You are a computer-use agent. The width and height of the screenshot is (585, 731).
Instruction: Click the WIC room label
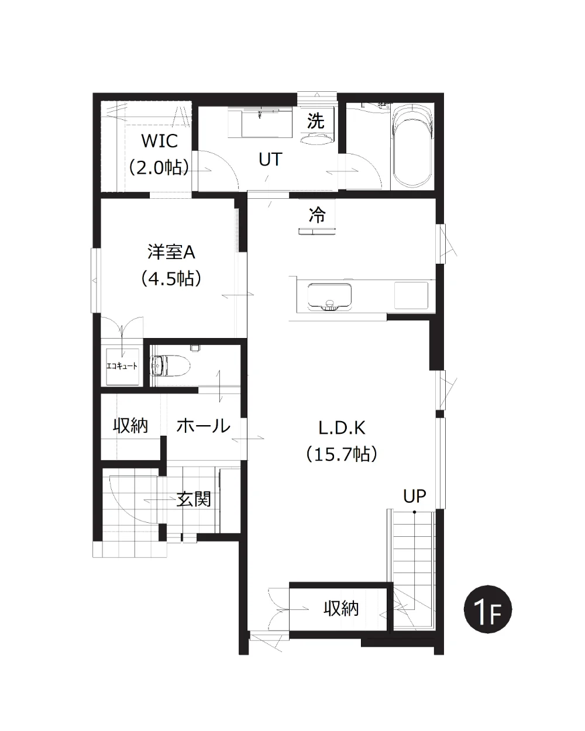(x=160, y=140)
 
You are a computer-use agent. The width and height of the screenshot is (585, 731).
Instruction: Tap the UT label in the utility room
(x=270, y=159)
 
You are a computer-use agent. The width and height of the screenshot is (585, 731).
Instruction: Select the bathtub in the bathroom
(x=412, y=146)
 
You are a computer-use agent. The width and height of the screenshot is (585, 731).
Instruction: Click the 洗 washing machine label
(x=315, y=120)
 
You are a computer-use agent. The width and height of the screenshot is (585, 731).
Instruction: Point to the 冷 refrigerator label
(x=317, y=215)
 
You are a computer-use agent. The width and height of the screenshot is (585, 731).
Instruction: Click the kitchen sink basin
(x=329, y=297)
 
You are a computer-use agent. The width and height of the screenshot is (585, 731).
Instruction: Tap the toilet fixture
(x=170, y=365)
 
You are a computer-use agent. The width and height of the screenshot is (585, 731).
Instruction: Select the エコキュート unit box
(x=122, y=367)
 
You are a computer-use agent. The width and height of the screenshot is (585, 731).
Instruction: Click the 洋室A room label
(x=171, y=252)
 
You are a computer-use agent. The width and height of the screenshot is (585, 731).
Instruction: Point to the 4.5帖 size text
(x=171, y=278)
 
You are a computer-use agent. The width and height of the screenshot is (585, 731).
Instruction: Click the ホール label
(x=203, y=426)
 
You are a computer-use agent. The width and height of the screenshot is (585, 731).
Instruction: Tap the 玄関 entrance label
(x=194, y=499)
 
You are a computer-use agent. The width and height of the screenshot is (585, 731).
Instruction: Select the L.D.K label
(x=342, y=428)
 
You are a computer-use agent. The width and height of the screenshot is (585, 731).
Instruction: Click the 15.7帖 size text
(x=342, y=454)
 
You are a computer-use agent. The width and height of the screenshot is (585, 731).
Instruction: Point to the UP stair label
(x=414, y=496)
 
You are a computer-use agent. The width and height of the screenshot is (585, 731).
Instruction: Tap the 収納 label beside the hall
(x=130, y=426)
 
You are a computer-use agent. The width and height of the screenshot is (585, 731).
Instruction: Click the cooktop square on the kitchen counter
(x=411, y=295)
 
